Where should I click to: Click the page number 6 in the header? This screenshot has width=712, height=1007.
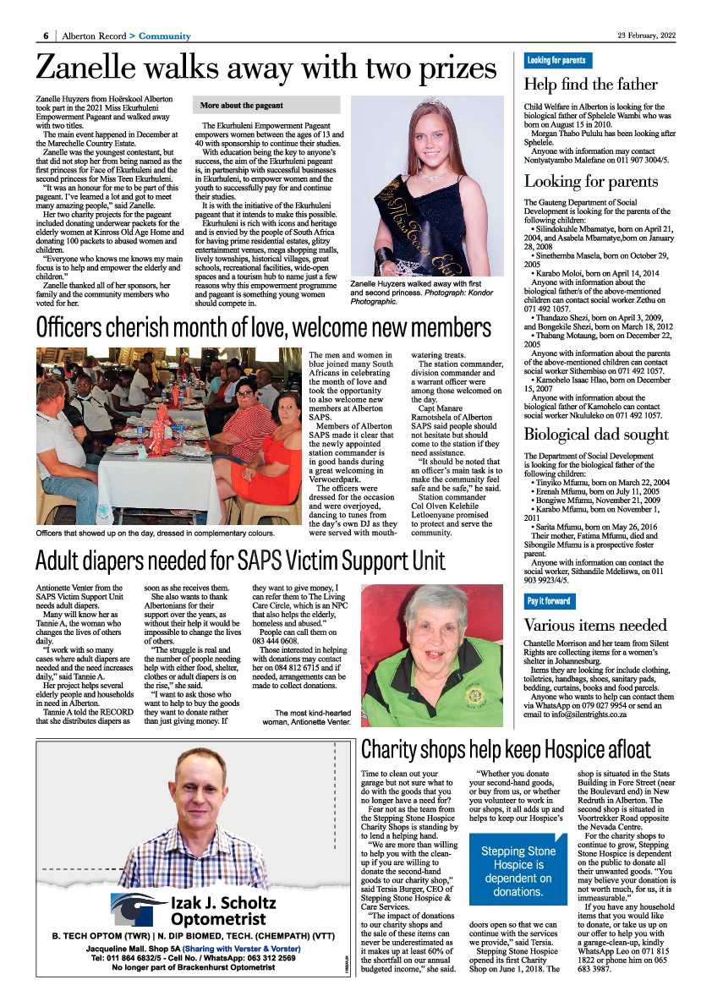tap(45, 36)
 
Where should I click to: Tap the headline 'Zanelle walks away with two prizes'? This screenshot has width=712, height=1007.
tap(266, 68)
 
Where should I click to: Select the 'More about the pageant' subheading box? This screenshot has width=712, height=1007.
tap(267, 106)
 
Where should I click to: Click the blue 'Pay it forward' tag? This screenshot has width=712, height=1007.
tap(549, 601)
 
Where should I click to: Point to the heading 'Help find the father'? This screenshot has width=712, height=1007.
tap(590, 84)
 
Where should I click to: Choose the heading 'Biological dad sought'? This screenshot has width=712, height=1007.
tap(596, 435)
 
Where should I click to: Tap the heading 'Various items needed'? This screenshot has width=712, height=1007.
tap(595, 625)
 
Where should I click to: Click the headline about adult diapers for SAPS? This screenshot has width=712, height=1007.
tap(240, 561)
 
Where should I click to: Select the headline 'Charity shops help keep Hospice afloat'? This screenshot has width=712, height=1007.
tap(506, 750)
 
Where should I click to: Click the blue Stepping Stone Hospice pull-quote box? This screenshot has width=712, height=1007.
tap(518, 871)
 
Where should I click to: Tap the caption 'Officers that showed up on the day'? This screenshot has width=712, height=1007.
tap(155, 534)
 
